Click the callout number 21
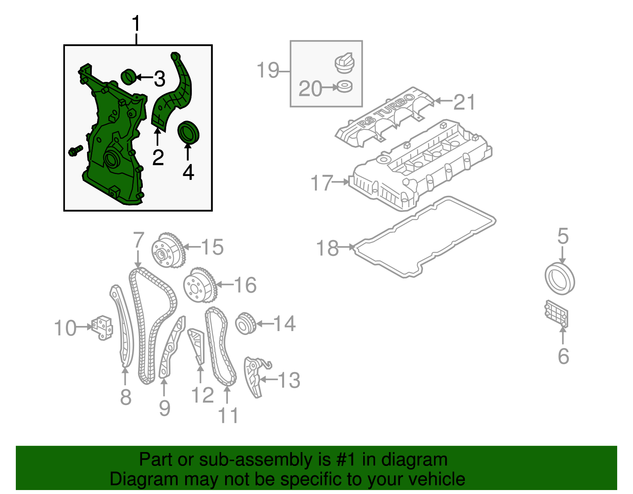[464, 102]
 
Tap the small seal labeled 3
[129, 77]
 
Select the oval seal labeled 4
[188, 133]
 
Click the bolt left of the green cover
[76, 151]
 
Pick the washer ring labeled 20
[344, 87]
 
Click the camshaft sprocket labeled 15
[168, 250]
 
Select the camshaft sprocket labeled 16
[200, 286]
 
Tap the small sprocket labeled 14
[246, 324]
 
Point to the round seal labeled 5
[559, 278]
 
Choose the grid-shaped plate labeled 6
[556, 314]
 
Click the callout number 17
[322, 182]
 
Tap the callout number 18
[327, 248]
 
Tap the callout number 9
[165, 408]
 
